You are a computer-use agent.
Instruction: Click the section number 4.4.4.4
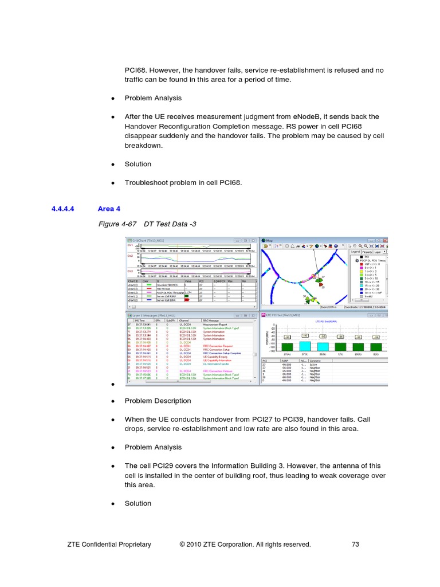[x=67, y=209]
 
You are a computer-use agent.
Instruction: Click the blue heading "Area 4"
[x=109, y=209]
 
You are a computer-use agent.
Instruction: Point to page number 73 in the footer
[x=355, y=545]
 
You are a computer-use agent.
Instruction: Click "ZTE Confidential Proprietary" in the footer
[x=109, y=545]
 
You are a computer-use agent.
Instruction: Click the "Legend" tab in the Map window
[x=355, y=252]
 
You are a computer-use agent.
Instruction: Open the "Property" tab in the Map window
[x=367, y=252]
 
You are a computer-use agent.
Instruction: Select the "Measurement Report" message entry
[x=214, y=324]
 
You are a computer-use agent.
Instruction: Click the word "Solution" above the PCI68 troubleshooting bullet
[x=138, y=164]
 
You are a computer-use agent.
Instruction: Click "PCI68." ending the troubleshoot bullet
[x=231, y=183]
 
